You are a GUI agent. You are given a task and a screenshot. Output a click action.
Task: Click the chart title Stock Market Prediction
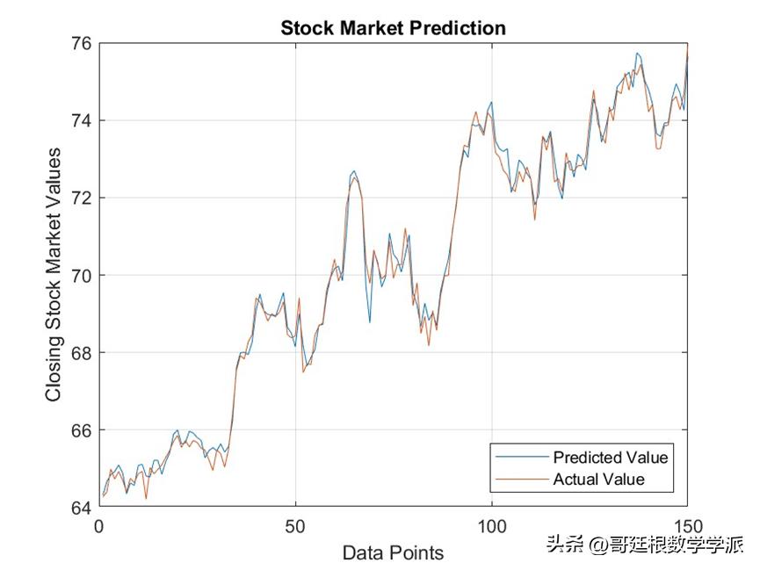pyautogui.click(x=393, y=28)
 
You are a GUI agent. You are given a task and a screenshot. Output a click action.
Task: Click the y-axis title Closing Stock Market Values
pyautogui.click(x=54, y=275)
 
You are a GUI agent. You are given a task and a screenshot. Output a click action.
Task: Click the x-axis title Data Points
pyautogui.click(x=393, y=552)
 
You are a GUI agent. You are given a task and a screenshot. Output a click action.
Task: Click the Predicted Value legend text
pyautogui.click(x=611, y=458)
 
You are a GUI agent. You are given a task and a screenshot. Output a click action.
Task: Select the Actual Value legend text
pyautogui.click(x=598, y=480)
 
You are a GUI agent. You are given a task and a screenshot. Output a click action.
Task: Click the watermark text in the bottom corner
pyautogui.click(x=644, y=545)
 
